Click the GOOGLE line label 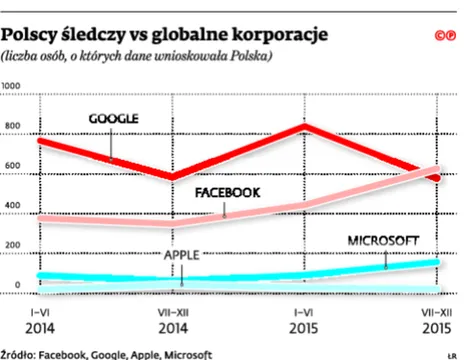point(113,118)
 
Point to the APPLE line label point(182,255)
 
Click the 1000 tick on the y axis point(13,88)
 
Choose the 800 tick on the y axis point(11,127)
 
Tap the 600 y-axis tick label point(11,167)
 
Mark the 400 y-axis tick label point(11,207)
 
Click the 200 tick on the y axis point(11,246)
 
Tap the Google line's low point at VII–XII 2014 point(172,178)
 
